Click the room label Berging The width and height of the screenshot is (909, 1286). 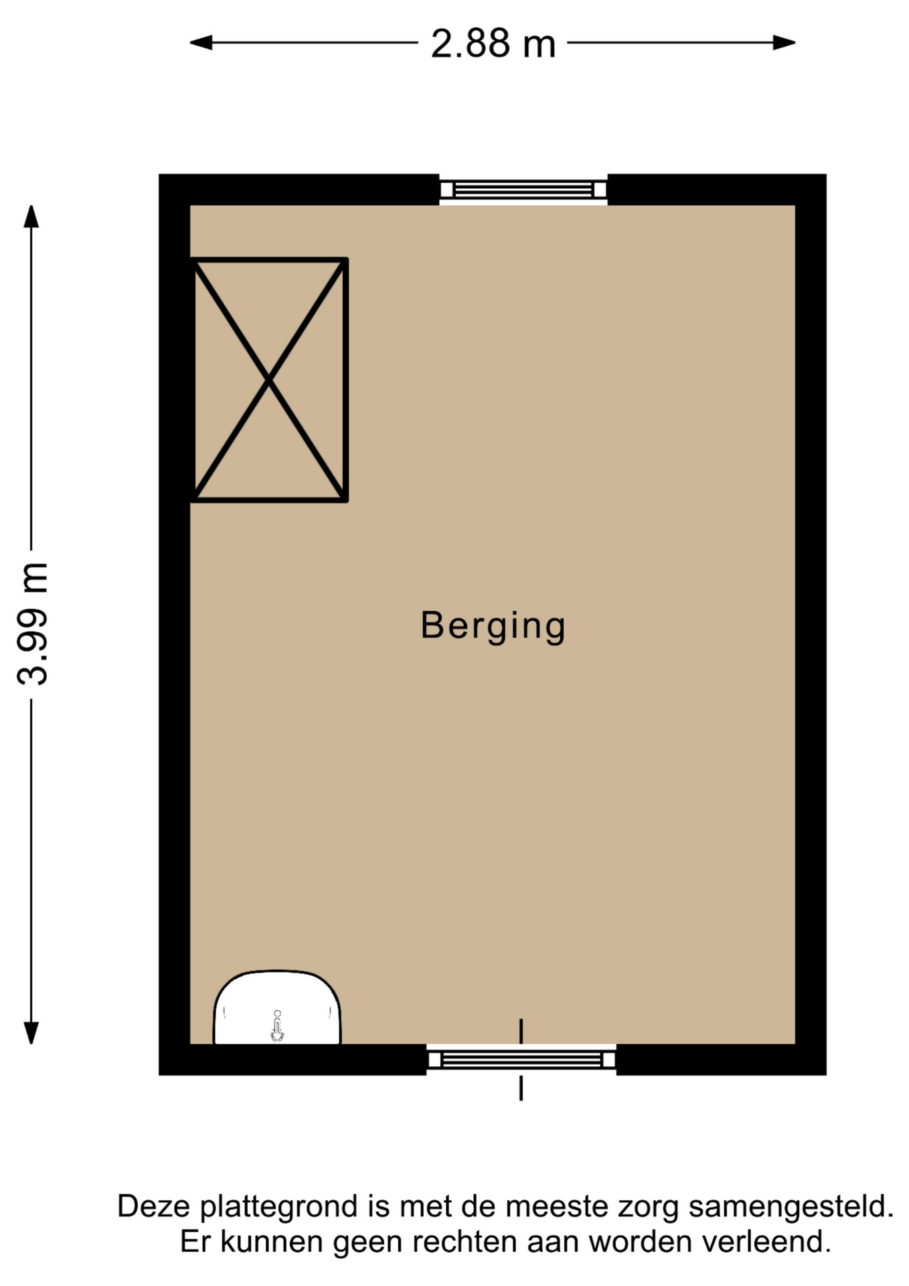[x=493, y=626]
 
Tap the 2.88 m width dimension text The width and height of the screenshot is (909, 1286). [x=493, y=44]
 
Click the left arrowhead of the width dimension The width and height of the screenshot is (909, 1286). [x=201, y=43]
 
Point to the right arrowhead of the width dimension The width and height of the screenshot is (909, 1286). [x=784, y=43]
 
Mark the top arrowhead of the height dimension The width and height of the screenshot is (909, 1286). [x=31, y=216]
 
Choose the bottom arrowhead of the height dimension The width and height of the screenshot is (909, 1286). [x=31, y=1033]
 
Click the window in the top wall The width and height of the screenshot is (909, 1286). [x=523, y=190]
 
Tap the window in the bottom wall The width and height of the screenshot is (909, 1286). [x=521, y=1060]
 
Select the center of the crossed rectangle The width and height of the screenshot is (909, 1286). [x=269, y=380]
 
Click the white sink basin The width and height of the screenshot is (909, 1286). [x=277, y=1007]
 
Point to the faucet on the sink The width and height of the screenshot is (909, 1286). [x=277, y=1027]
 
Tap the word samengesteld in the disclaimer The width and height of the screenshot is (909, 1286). [x=791, y=1208]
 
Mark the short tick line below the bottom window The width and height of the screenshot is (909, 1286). [x=521, y=1088]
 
